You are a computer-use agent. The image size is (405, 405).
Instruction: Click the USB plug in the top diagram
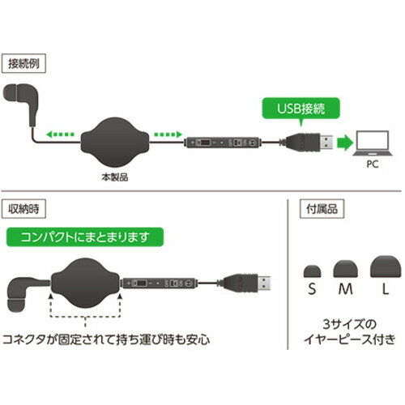tap(311, 144)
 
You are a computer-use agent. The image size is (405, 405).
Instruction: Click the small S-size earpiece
tap(309, 271)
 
